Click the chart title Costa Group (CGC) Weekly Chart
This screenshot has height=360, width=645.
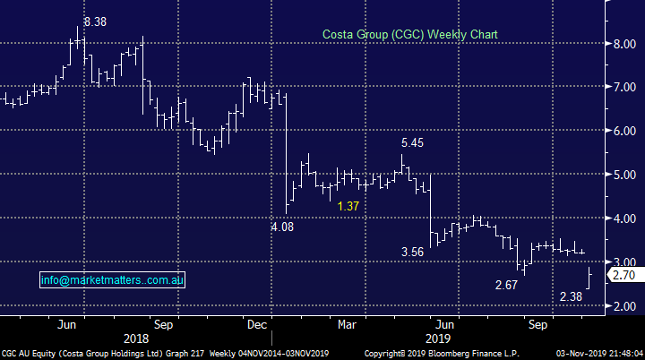[410, 34]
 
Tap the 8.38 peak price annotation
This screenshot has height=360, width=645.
[95, 21]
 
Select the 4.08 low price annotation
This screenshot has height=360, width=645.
[283, 227]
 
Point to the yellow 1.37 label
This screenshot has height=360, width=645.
[348, 207]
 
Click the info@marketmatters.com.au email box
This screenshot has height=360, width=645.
[112, 280]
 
